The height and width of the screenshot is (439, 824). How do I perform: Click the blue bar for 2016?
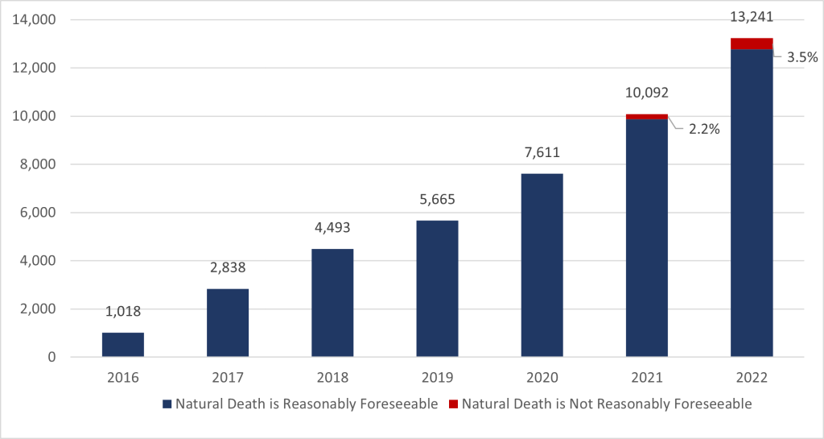123,345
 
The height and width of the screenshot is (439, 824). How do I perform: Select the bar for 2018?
332,303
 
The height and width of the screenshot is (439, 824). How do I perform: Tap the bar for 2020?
542,265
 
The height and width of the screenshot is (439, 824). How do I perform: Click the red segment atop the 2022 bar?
752,43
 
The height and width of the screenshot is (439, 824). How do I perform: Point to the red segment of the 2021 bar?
647,116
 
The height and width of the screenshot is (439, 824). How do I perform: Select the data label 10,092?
647,93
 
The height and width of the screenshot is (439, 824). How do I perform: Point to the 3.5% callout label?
801,57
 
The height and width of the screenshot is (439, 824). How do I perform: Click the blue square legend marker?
167,404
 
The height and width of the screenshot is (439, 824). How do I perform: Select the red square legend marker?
453,404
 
